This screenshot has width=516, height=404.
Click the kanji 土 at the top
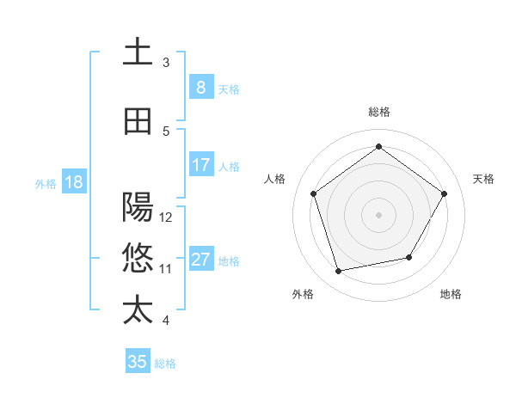(138, 52)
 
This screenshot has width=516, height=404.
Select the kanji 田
(138, 121)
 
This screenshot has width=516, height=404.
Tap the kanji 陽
(138, 207)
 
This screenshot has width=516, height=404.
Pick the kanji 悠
(138, 257)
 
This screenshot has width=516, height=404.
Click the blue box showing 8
(200, 88)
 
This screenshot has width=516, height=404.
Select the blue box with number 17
(200, 165)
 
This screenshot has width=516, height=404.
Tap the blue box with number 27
(200, 260)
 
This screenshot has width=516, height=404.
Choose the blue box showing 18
(73, 182)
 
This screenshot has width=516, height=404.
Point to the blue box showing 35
(138, 362)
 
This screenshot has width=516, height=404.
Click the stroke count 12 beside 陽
(166, 217)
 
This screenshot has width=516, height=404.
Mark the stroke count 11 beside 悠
(166, 268)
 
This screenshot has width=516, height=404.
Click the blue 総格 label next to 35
(165, 364)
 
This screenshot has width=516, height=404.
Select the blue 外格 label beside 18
(45, 183)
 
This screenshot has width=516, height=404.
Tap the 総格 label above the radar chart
(378, 112)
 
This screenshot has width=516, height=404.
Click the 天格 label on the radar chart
(484, 179)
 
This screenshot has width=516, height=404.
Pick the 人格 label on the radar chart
(275, 179)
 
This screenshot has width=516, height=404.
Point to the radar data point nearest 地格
(409, 257)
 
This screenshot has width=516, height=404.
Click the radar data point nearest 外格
(339, 272)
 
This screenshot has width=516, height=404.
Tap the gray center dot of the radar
(378, 214)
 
